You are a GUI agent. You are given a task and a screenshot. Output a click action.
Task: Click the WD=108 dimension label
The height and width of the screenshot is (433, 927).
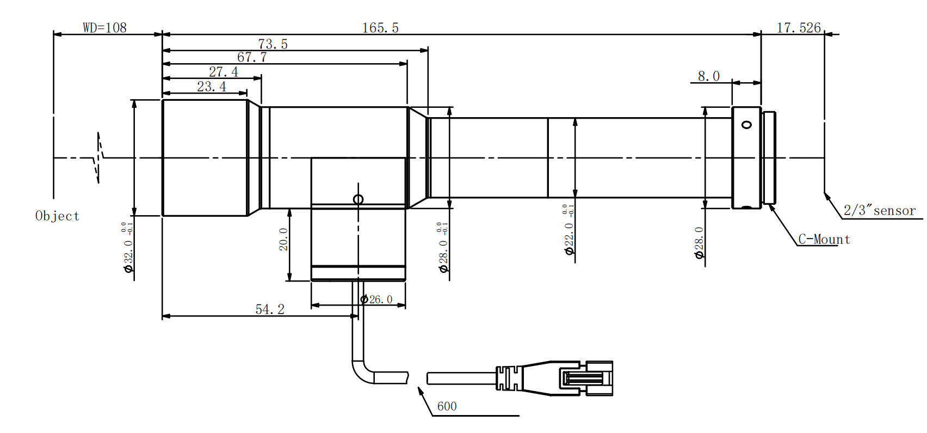pos(104,27)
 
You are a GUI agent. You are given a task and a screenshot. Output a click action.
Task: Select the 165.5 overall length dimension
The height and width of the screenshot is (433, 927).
pos(380,28)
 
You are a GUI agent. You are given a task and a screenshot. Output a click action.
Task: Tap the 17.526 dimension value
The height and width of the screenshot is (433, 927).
pos(798,28)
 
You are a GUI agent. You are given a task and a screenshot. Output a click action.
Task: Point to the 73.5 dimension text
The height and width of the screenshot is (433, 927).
pos(273,44)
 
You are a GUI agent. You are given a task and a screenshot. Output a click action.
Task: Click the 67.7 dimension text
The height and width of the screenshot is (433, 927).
pos(252,57)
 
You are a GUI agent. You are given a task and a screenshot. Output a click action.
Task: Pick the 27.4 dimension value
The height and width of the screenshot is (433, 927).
pos(223,72)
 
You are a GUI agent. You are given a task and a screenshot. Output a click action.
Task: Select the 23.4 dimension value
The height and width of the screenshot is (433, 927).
pos(211,87)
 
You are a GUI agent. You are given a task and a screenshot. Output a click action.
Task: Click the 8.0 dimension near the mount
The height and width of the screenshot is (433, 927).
pos(708,76)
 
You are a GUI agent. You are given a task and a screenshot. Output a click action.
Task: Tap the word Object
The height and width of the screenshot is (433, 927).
pos(57,216)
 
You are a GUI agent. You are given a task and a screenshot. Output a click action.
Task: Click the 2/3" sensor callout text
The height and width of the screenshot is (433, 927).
pos(879,211)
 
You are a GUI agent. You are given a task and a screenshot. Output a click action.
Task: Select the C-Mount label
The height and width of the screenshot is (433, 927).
pos(824,240)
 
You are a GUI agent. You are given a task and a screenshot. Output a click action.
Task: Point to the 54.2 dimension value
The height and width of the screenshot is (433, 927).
pos(270,309)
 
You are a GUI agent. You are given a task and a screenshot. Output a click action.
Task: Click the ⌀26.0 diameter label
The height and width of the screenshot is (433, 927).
pos(376,300)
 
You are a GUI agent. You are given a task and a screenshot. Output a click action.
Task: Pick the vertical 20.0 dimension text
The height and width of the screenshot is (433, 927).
pos(283,240)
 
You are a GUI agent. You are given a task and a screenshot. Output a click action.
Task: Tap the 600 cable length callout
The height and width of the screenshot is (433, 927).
pos(447,406)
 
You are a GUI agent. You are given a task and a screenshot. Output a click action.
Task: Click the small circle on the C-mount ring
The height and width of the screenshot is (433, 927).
pos(746,125)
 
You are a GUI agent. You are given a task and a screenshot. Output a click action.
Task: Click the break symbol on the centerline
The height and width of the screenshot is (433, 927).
pos(98,158)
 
